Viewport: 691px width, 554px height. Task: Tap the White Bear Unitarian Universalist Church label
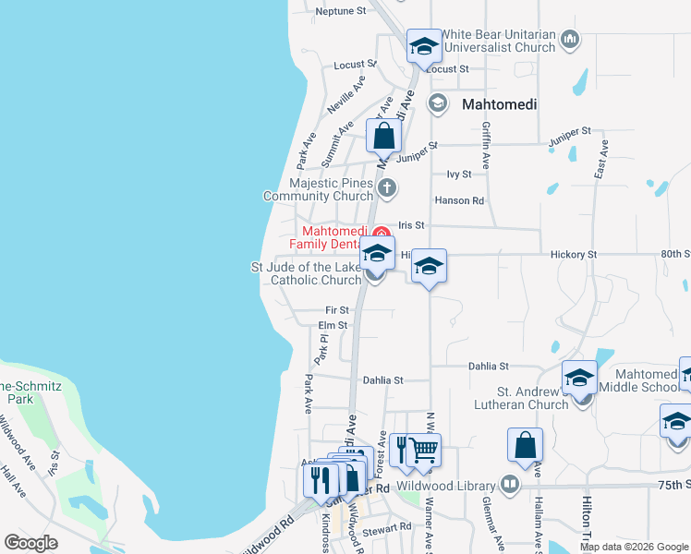[497, 41]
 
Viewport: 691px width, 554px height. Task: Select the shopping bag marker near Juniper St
[384, 137]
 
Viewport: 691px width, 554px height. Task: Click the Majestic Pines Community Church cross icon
[387, 188]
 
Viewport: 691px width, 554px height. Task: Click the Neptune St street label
[341, 11]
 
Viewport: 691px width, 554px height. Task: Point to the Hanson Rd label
[459, 200]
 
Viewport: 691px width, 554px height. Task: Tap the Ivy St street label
[459, 174]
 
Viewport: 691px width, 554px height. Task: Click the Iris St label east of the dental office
[411, 224]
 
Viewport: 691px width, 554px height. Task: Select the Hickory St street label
[574, 253]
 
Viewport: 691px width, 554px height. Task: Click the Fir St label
[337, 310]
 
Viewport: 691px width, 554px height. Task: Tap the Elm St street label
[332, 325]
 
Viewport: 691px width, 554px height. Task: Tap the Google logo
[30, 543]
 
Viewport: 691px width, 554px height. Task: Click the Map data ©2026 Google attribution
[634, 547]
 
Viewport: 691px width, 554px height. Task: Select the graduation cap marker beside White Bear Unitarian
[424, 47]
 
